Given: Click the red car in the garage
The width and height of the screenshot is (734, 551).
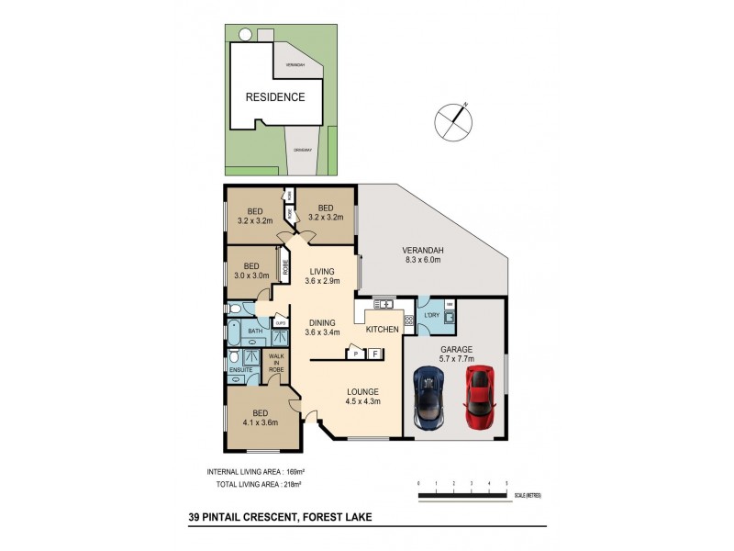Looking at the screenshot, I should click(480, 397).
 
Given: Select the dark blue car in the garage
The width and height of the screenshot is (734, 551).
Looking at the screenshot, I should click(429, 397).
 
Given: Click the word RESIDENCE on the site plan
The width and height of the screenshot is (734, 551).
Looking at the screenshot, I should click(274, 96).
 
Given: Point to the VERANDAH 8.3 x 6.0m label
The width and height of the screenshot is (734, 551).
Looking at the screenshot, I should click(423, 255).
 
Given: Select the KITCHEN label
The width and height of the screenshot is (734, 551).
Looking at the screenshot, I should click(382, 328).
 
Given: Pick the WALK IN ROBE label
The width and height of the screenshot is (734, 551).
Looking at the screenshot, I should click(274, 361).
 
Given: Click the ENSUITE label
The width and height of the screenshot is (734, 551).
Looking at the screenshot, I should click(239, 369).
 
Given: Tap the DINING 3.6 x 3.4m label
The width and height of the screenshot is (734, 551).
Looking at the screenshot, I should click(322, 327).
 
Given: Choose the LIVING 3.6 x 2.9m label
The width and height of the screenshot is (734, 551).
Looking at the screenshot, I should click(322, 275).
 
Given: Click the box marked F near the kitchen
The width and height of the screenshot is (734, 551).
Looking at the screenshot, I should click(374, 353).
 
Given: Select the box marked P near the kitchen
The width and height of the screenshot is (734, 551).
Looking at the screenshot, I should click(353, 354).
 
